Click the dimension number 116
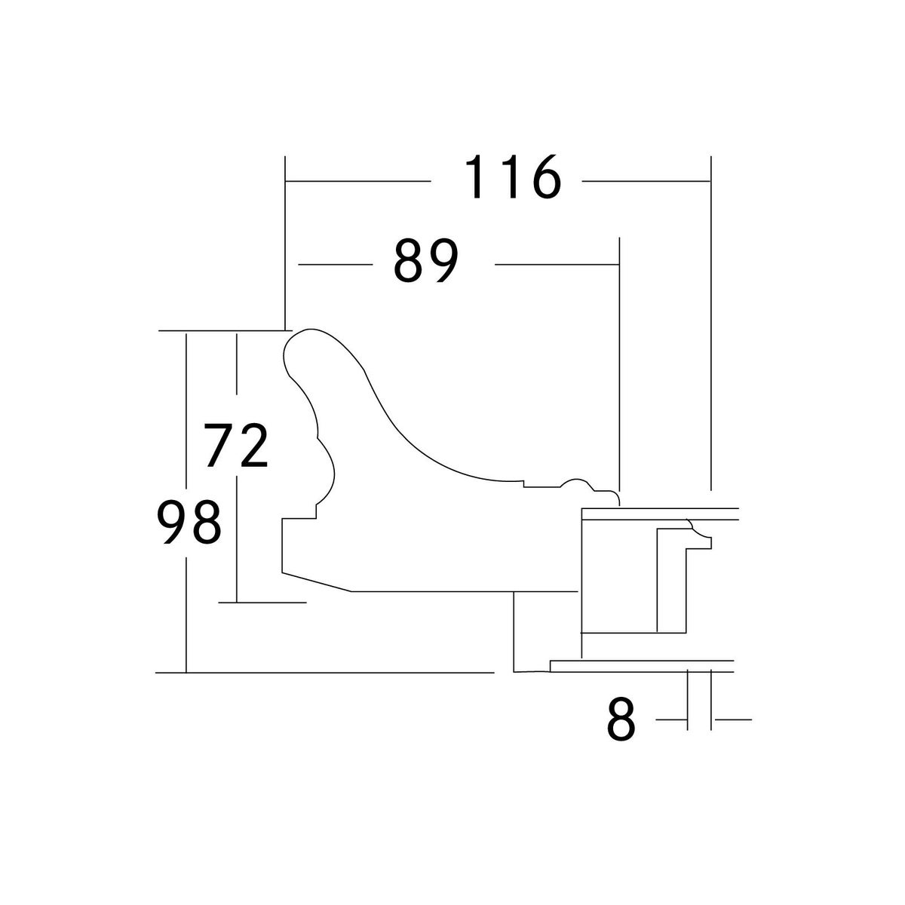pos(512,178)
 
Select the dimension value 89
pos(425,262)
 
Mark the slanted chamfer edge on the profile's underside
pos(317,581)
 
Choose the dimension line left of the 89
pos(336,265)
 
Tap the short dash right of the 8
pos(732,720)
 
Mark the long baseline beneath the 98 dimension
pos(324,671)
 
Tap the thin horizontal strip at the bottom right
pos(642,665)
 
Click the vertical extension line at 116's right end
pos(710,324)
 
